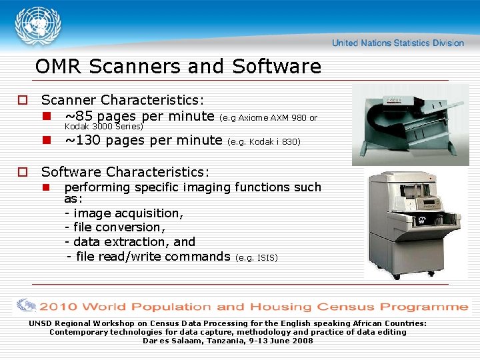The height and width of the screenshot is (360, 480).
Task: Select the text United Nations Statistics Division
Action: (x=398, y=43)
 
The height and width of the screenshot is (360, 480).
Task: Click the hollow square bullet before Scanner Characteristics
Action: (x=22, y=101)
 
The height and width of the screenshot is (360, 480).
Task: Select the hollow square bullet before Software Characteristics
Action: (x=22, y=173)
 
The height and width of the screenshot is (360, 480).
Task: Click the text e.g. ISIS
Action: (x=257, y=257)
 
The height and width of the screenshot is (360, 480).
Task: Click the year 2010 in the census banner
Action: (x=58, y=307)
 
